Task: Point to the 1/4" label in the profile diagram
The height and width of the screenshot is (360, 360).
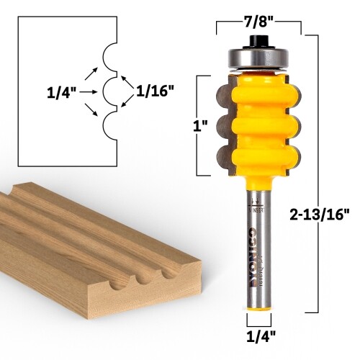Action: point(60,91)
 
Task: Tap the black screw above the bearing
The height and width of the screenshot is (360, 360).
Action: point(258,36)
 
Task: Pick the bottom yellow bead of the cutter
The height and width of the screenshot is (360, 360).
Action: point(258,155)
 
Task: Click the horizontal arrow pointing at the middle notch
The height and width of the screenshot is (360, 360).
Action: point(89,91)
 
